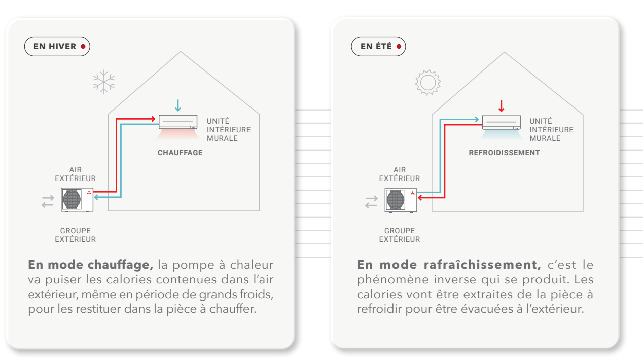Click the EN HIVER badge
[57, 46]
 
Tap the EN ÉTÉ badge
[378, 46]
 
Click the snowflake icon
[104, 82]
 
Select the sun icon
[427, 82]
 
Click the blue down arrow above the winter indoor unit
[178, 105]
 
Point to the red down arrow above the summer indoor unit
[502, 106]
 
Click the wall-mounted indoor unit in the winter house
[178, 122]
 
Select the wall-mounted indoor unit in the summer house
[501, 122]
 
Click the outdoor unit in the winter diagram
[77, 200]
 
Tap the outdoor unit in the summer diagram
[401, 200]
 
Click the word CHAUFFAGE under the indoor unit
[180, 153]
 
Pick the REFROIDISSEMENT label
[504, 153]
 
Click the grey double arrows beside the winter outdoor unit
[48, 201]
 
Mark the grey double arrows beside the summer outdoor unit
[371, 202]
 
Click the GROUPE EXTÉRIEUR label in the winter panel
[75, 235]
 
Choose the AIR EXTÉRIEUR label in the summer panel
[399, 174]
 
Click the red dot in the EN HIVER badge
[83, 46]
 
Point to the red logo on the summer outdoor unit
[413, 193]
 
